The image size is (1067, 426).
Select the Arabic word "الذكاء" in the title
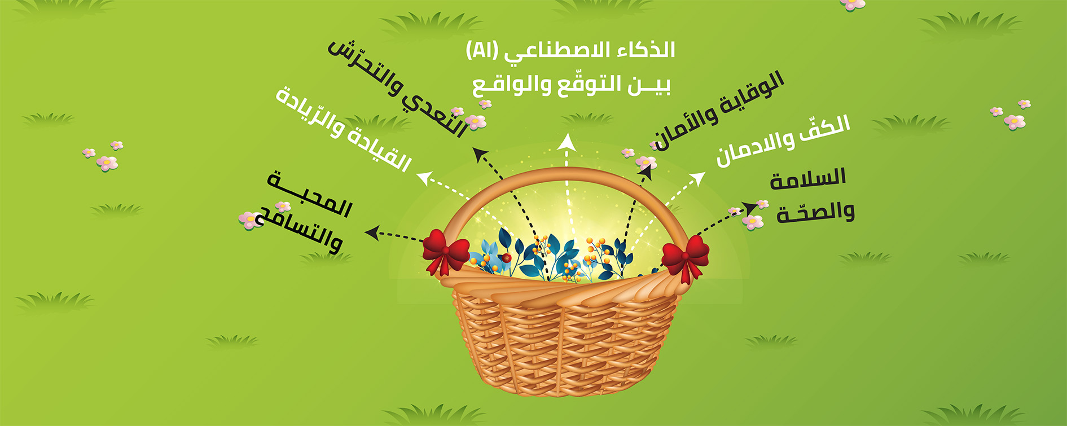pyautogui.click(x=646, y=50)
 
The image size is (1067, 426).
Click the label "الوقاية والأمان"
pyautogui.click(x=717, y=111)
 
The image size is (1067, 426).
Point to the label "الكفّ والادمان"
pyautogui.click(x=783, y=140)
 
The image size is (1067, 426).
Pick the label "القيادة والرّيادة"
pyautogui.click(x=343, y=129)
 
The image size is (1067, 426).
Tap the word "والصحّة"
pyautogui.click(x=815, y=213)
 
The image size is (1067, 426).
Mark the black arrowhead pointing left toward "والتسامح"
pyautogui.click(x=372, y=232)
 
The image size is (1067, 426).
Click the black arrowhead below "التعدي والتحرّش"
pyautogui.click(x=480, y=155)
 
